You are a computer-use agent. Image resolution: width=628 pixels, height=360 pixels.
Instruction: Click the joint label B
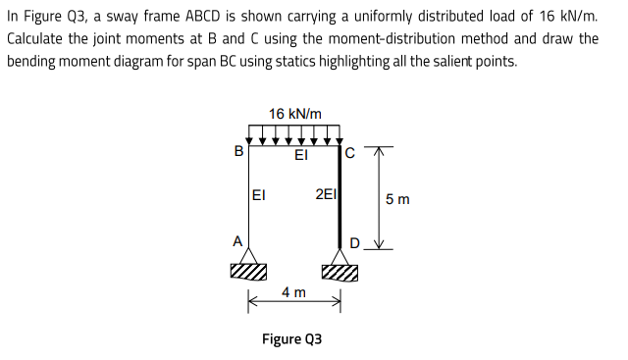[237, 152]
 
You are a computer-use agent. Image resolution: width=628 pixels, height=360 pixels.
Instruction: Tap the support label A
[235, 238]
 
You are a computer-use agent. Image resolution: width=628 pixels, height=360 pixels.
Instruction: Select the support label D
[355, 242]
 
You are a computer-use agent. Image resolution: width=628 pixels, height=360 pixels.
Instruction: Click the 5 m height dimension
[397, 200]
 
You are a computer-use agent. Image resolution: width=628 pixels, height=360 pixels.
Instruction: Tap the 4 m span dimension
[293, 292]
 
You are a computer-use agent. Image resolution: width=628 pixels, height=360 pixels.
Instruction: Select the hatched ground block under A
[249, 271]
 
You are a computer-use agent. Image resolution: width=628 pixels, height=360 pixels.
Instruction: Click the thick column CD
[340, 196]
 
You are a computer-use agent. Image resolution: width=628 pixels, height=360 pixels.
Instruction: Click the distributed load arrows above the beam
[294, 133]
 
